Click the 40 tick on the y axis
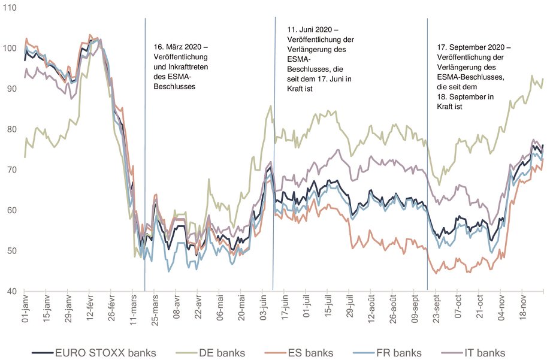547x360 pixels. tap(11, 292)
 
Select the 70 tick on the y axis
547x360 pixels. tap(11, 170)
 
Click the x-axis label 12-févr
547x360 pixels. tap(89, 310)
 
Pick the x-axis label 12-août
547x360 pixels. tap(371, 310)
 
